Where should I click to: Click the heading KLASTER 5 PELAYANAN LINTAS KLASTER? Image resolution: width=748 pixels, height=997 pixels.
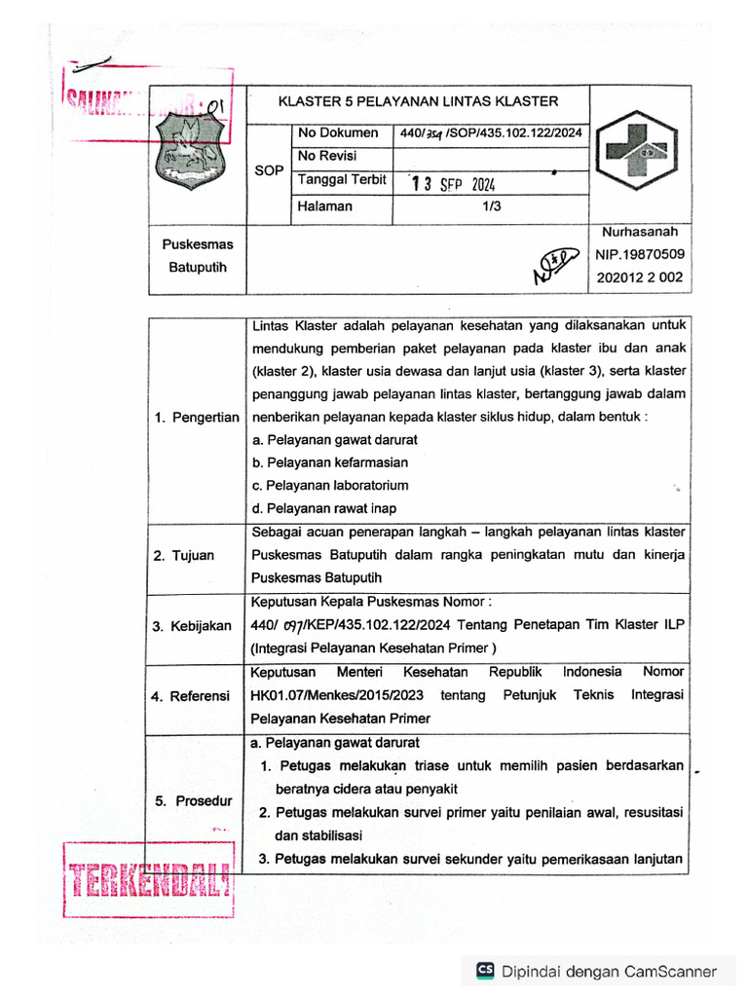click(418, 101)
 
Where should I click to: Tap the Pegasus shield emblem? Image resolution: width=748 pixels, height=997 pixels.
click(189, 152)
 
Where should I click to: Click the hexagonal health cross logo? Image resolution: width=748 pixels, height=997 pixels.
click(639, 152)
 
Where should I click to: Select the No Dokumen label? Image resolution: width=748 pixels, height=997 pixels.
click(337, 132)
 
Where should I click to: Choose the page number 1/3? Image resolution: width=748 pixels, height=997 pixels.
click(491, 206)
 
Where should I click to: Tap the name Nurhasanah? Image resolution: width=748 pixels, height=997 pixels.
click(639, 233)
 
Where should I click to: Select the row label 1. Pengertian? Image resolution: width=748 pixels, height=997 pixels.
click(196, 418)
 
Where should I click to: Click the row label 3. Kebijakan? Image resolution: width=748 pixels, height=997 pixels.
click(192, 626)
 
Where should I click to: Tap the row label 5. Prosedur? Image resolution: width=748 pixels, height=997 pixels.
click(194, 801)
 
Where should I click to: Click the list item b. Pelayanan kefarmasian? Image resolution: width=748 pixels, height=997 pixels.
click(329, 462)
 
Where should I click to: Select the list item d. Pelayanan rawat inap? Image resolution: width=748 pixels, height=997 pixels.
click(323, 508)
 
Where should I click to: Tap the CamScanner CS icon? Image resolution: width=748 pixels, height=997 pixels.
click(484, 971)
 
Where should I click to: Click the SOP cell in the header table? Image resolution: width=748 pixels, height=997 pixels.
click(268, 169)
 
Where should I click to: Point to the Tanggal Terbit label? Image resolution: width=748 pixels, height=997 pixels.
click(342, 180)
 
